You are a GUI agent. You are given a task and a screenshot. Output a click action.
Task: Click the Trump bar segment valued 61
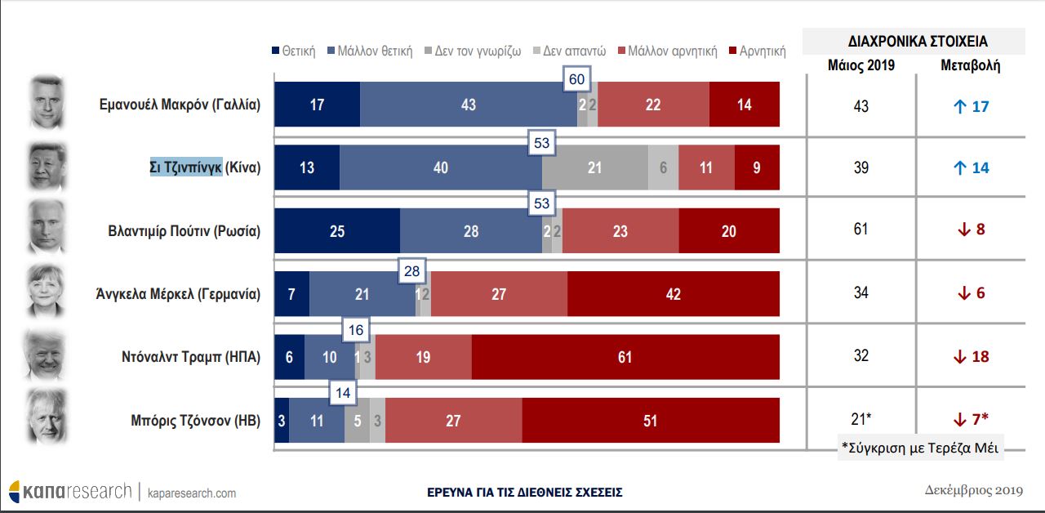[625, 357]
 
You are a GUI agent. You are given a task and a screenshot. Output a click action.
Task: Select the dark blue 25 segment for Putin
[336, 231]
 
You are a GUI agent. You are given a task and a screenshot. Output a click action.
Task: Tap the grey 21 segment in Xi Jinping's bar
[594, 167]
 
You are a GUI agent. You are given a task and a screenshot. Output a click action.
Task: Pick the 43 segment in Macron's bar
[468, 105]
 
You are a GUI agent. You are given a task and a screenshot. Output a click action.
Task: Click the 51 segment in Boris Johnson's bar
[650, 421]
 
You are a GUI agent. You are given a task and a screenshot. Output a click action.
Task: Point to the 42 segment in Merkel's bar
[673, 294]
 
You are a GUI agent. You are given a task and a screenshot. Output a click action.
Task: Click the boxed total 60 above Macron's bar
[577, 80]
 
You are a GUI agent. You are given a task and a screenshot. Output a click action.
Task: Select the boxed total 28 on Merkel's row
[411, 270]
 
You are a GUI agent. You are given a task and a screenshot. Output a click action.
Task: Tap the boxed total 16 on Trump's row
[356, 330]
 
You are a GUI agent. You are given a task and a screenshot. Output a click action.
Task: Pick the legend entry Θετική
[293, 51]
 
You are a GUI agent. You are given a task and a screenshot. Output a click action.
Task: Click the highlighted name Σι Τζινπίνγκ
[185, 168]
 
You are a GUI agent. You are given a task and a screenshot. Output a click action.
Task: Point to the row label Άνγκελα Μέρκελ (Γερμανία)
[177, 294]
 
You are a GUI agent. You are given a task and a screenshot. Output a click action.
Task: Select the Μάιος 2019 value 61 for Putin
[860, 230]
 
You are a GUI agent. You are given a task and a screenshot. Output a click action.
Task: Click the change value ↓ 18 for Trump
[971, 356]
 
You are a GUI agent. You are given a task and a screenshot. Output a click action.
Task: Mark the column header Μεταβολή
[970, 66]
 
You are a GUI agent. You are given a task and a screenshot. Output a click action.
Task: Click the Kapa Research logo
[70, 492]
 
